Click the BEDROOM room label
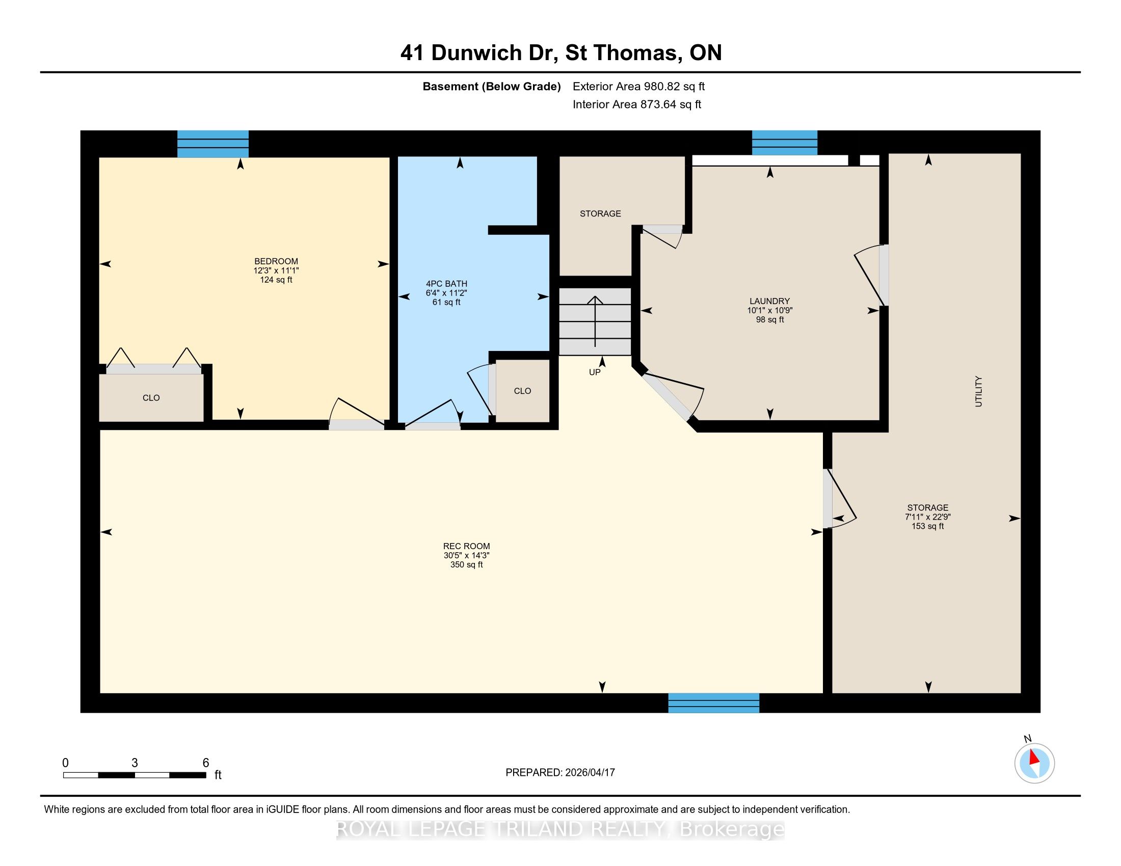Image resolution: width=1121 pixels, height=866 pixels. coord(276,261)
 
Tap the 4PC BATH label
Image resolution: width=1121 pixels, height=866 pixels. coord(446,284)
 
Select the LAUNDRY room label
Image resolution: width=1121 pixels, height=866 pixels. coord(769,301)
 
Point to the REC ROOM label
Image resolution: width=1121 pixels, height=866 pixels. coord(467,547)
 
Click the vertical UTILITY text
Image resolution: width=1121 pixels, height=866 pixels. coord(978,391)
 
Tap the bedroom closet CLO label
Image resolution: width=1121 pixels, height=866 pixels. coord(151,398)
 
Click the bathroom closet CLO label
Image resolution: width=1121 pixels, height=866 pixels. coord(522,391)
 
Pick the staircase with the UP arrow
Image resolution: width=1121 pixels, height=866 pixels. coord(595,321)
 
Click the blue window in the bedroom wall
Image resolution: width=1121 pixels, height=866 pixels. coord(213,144)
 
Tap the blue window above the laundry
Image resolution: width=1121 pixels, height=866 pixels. coord(784,143)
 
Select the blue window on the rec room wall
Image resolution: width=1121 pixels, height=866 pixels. coord(713,703)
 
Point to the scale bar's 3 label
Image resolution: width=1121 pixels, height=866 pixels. coord(135,763)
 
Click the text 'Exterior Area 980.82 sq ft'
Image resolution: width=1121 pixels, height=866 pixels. coord(639,86)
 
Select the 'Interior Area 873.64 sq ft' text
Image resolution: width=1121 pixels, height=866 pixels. coord(637,104)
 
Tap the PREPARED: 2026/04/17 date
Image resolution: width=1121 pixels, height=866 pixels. coord(560,772)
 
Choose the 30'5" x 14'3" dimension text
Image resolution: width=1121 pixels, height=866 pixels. coord(467,556)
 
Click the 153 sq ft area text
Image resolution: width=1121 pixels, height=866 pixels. coord(927,526)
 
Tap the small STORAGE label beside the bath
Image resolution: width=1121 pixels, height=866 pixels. coord(601,213)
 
